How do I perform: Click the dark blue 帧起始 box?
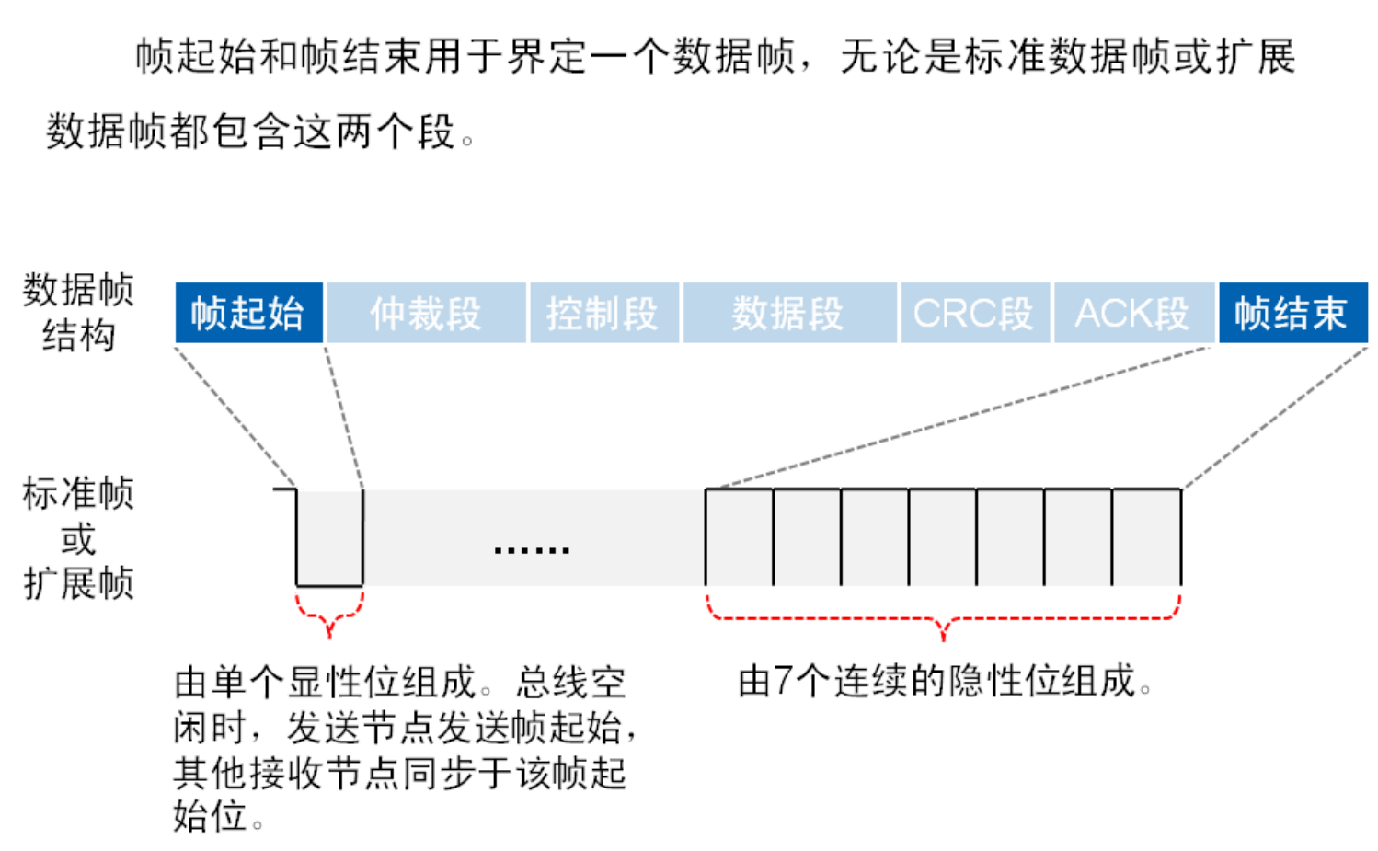(x=248, y=314)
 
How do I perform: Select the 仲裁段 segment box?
(x=426, y=314)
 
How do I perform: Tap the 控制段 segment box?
(x=603, y=314)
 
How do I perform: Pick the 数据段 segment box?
(x=788, y=314)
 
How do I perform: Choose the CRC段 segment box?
(x=973, y=314)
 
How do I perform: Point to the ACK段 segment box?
(x=1132, y=314)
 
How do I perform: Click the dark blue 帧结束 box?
(x=1292, y=314)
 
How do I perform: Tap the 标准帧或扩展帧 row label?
(x=79, y=538)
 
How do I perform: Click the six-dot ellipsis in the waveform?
(x=532, y=550)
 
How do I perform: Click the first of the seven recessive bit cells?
(x=740, y=537)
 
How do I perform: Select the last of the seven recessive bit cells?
(x=1146, y=537)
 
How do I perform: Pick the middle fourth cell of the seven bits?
(x=943, y=537)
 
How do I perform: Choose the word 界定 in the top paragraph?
(x=547, y=57)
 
